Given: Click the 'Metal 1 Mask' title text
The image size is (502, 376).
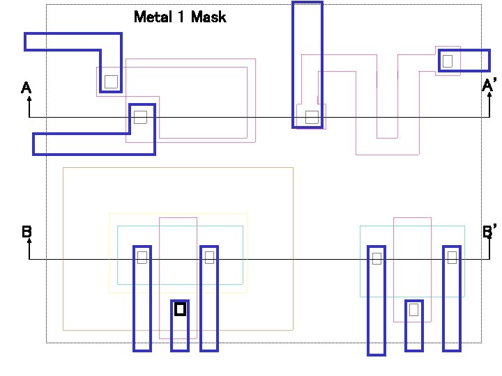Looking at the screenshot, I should click(x=180, y=17).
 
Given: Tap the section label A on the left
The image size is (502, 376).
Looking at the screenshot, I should click(x=26, y=88).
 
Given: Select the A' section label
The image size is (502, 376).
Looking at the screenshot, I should click(x=489, y=86).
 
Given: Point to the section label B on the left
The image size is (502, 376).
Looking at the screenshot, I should click(x=26, y=232).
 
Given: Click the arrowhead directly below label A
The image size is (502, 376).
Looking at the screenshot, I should click(x=29, y=100).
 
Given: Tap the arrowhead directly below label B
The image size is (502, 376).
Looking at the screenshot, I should click(x=29, y=243).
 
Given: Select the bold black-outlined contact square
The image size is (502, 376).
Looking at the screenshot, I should click(x=180, y=308).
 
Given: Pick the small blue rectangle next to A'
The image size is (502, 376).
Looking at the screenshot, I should click(x=464, y=61).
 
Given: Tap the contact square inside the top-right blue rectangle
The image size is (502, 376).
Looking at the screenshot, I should click(x=448, y=61).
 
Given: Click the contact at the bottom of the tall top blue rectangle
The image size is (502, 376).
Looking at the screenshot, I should click(x=312, y=117).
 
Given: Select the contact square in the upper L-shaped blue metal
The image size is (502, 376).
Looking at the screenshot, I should click(x=111, y=81).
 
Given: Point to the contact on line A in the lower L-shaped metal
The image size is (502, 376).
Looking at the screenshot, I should click(x=140, y=117).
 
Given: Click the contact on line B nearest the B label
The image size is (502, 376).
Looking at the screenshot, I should click(x=142, y=258).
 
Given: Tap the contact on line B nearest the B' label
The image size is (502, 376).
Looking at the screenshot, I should click(x=452, y=258).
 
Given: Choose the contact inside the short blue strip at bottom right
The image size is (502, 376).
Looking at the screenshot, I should click(x=413, y=309).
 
